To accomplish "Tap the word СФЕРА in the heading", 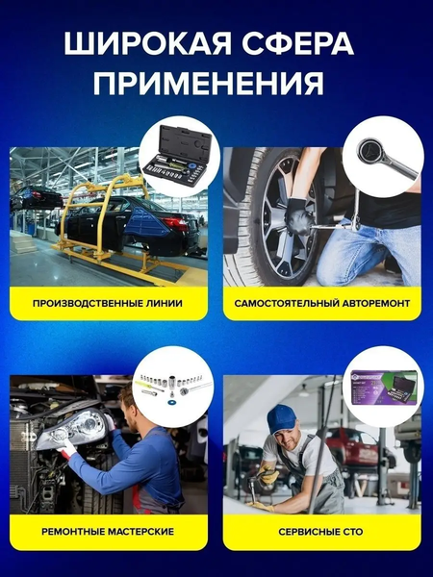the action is (297, 44).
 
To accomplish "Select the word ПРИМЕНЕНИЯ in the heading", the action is (209, 83).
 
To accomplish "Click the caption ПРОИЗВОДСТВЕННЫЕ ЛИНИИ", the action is (108, 303).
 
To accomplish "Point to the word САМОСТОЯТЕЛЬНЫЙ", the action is (287, 303).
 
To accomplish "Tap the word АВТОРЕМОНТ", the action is (376, 303).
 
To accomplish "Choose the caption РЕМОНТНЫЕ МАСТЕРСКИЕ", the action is (108, 532).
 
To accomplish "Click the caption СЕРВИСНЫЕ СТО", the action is (320, 532).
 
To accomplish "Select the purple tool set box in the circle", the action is (384, 388).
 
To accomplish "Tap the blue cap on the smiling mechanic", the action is (281, 416).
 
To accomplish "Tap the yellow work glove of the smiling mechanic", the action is (267, 475).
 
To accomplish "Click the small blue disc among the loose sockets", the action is (171, 402).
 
